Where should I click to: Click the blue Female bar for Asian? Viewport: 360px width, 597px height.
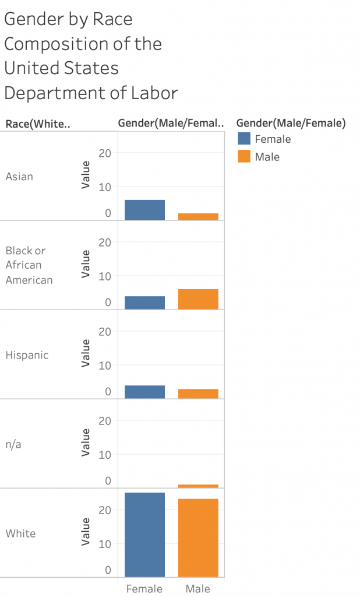coord(144,210)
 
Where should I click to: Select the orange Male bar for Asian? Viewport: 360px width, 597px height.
coord(198,216)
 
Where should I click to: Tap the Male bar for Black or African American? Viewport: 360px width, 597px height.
coord(198,299)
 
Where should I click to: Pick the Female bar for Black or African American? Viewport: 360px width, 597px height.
coord(144,303)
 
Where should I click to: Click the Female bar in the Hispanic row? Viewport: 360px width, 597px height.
coord(144,392)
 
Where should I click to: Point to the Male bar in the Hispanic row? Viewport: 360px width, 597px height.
coord(198,394)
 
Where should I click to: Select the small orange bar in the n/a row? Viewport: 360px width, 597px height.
coord(198,486)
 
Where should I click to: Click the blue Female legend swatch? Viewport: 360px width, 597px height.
coord(244,139)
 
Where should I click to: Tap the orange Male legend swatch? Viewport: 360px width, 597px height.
coord(244,156)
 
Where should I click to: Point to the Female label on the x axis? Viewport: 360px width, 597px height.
coord(144,589)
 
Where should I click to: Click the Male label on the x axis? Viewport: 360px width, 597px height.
coord(198,589)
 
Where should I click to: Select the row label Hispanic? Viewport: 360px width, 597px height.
coord(27,355)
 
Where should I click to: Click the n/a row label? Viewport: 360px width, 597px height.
coord(15,444)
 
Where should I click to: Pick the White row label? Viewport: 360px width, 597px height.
coord(20,533)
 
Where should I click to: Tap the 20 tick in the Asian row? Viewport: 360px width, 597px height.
coord(105,153)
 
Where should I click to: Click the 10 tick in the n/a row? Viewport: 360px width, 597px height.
coord(105,454)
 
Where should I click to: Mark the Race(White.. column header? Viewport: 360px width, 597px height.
coord(37,124)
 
